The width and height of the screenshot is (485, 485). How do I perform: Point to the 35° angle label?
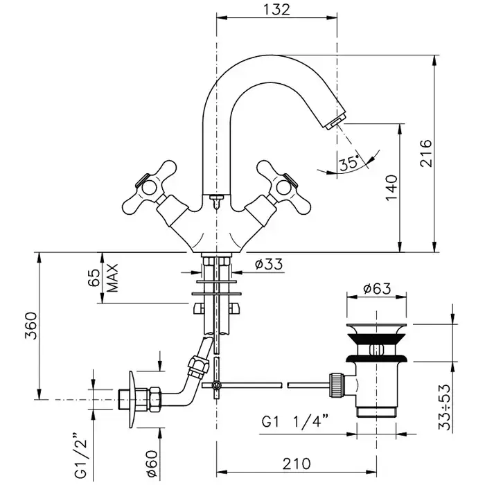[x=349, y=163]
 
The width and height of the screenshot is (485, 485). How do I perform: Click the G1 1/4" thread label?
[x=294, y=421]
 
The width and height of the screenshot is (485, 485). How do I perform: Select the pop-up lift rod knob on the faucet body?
[x=215, y=201]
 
